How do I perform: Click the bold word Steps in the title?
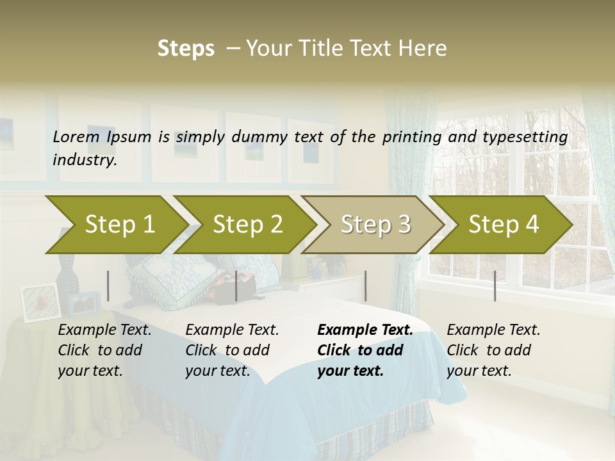click(186, 49)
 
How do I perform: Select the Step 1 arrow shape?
click(119, 225)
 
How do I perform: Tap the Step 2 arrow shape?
click(247, 225)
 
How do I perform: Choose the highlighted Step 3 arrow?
click(375, 225)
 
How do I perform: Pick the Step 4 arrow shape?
click(503, 225)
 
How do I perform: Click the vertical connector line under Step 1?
click(108, 286)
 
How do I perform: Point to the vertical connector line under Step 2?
click(236, 286)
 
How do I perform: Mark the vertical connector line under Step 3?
click(365, 286)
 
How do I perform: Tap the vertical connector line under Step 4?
click(495, 286)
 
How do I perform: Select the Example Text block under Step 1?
click(104, 350)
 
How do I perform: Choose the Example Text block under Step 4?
click(493, 350)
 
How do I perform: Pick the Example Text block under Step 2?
click(232, 350)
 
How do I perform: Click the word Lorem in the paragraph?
click(76, 136)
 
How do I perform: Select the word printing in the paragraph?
click(422, 137)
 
